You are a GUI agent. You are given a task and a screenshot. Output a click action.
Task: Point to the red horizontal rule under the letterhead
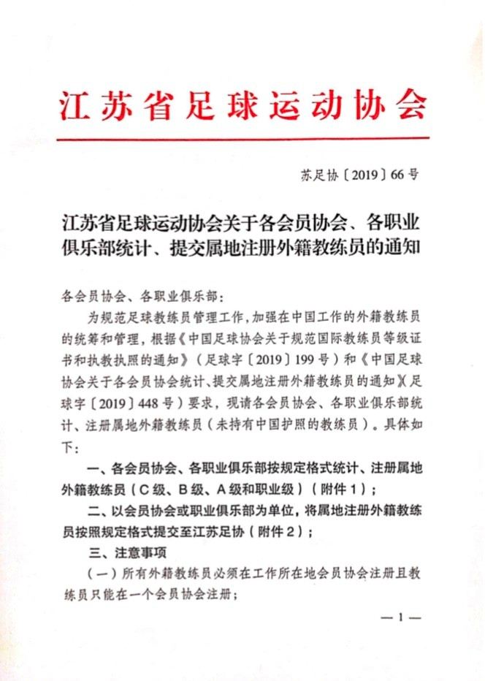[x=242, y=139]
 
